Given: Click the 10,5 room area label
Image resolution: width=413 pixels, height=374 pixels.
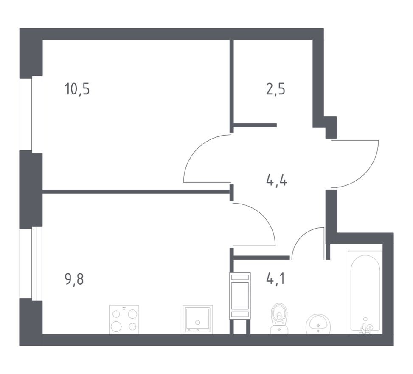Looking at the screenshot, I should point(77,90).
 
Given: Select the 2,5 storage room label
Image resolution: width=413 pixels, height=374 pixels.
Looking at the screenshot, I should point(276,90).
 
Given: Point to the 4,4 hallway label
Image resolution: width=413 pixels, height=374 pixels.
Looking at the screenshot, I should point(276,181).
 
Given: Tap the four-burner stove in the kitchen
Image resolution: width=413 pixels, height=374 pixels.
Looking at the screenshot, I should point(124,320).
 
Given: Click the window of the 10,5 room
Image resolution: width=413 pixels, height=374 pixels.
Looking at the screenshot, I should point(37,114).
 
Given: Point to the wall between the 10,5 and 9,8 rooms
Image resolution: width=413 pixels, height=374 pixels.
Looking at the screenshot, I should point(136,192).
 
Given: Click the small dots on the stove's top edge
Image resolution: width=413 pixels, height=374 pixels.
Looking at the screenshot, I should point(124,308).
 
